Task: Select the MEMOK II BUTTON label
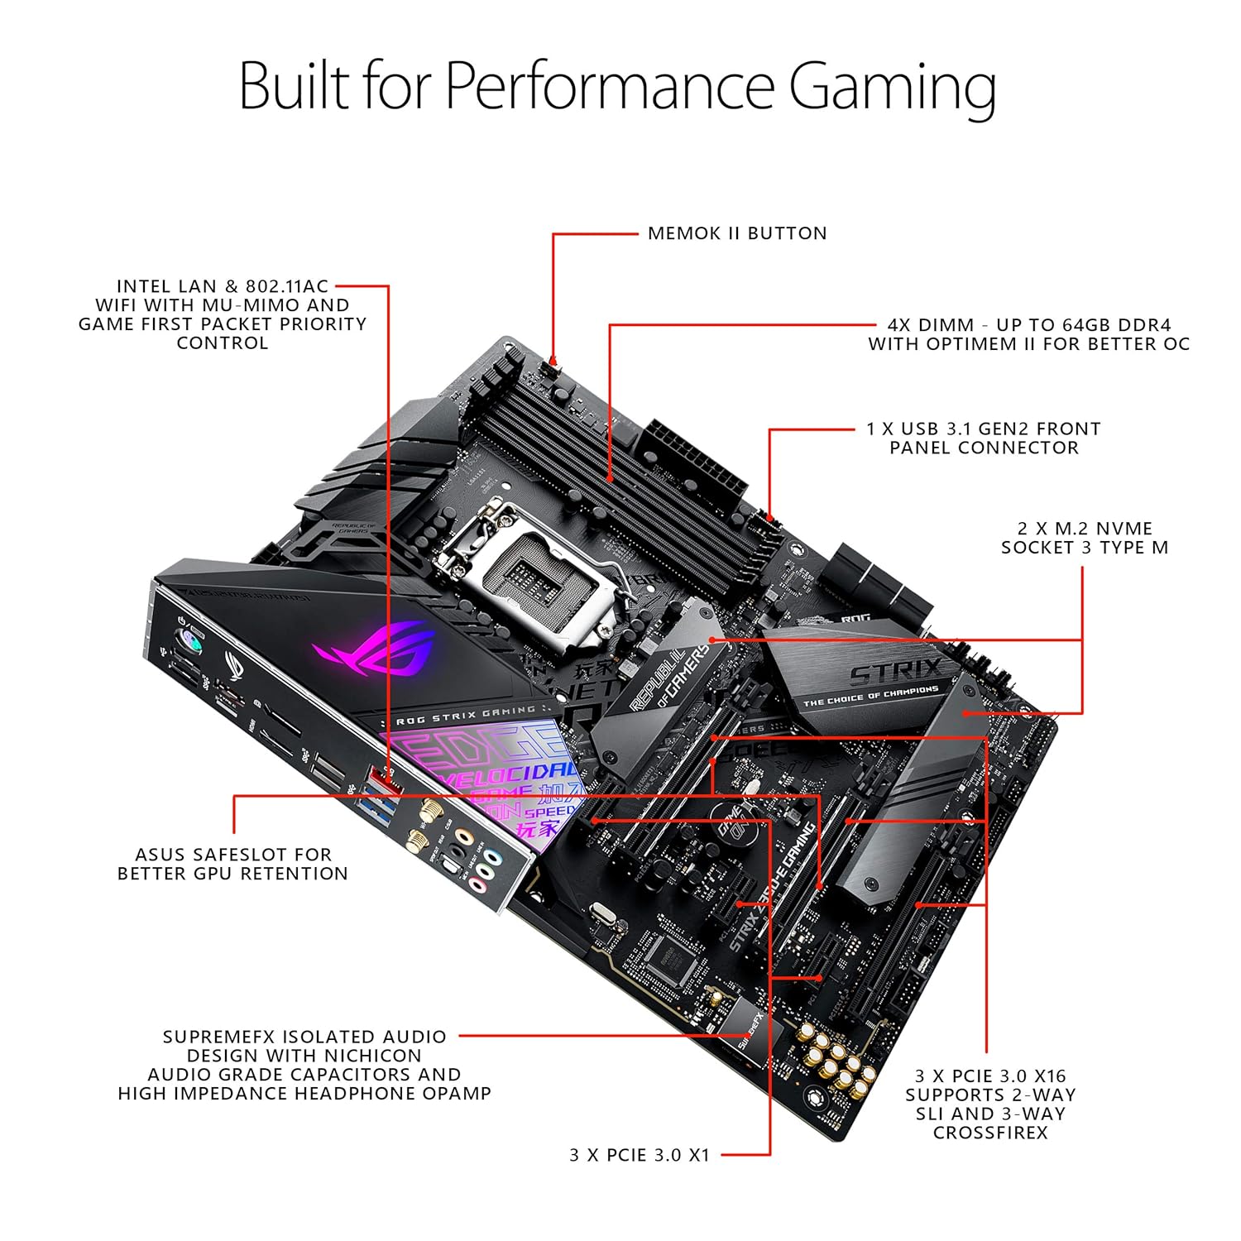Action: [737, 233]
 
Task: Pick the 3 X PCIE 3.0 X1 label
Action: [640, 1155]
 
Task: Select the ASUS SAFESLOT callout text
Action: [232, 864]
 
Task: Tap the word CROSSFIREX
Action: [990, 1133]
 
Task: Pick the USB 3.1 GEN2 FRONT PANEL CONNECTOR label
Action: [984, 438]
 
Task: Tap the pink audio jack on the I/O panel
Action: [478, 887]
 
